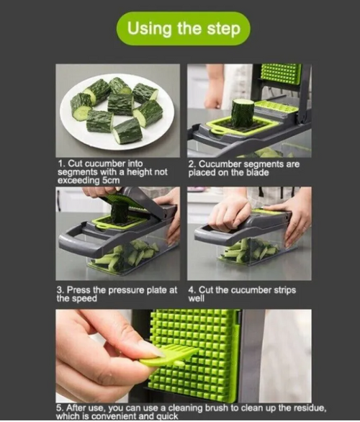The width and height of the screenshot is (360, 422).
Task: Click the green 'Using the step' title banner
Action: click(x=183, y=29)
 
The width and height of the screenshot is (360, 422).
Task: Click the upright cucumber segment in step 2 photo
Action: click(x=243, y=113)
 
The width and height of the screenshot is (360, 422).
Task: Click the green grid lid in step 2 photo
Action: click(x=280, y=73)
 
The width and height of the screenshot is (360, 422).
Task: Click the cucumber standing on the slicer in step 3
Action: click(x=120, y=211)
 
